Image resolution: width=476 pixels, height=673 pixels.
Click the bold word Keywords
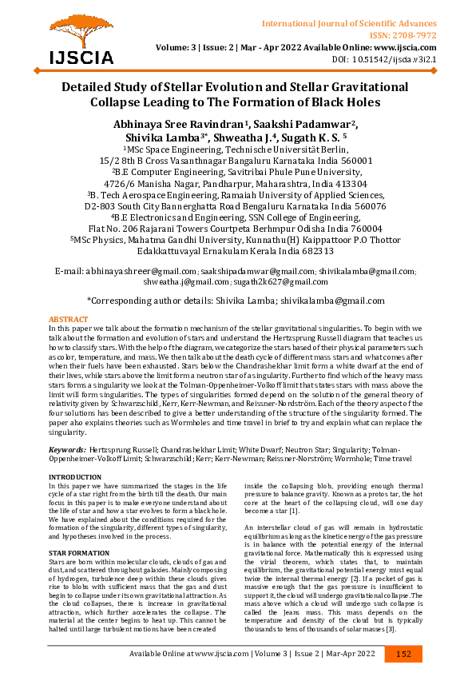pos(66,450)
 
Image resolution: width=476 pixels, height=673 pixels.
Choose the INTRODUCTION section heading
pos(75,477)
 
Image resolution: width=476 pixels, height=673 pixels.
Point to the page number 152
pos(404,654)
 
